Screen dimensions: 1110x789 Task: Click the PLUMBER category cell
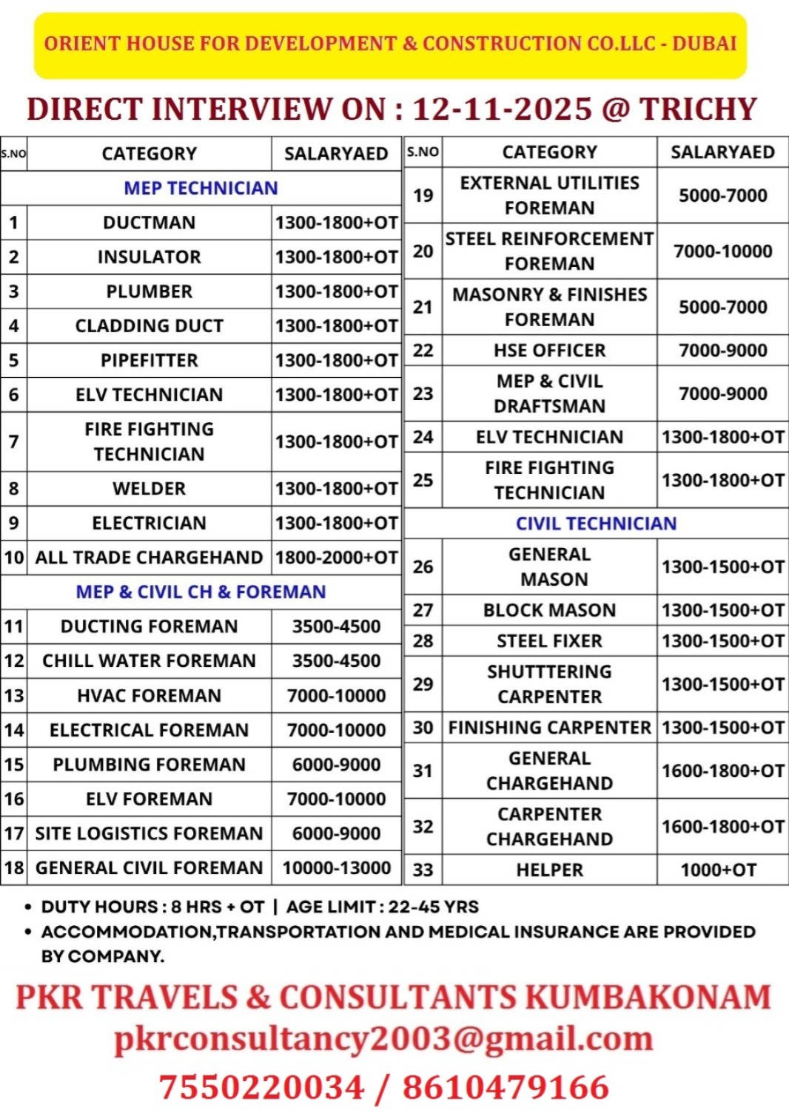[x=149, y=291]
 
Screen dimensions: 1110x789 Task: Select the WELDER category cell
[x=149, y=489]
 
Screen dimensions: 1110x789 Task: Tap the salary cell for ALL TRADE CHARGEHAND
[x=336, y=558]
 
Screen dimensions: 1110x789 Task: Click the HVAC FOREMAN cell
[x=149, y=696]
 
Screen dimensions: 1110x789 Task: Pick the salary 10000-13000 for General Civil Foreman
[x=336, y=868]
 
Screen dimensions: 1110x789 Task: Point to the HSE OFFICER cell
[x=549, y=351]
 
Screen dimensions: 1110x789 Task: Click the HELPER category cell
[x=549, y=870]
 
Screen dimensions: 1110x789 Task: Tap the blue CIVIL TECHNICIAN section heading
[x=596, y=524]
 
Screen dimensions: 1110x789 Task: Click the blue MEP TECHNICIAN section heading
[x=201, y=188]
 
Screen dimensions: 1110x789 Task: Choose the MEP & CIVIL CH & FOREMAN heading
[x=201, y=592]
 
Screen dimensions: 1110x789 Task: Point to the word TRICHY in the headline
[x=698, y=109]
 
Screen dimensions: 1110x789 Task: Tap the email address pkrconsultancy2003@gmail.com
[x=383, y=1039]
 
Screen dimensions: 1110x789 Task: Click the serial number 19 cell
[x=423, y=195]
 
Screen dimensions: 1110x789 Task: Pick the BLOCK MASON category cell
[x=549, y=610]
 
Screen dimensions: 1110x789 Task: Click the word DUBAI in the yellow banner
[x=704, y=44]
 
